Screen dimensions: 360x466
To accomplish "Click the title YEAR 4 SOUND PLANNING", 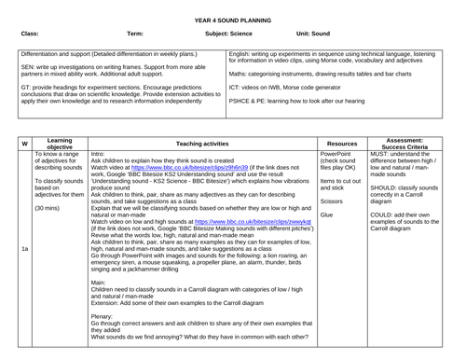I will pyautogui.click(x=232, y=18).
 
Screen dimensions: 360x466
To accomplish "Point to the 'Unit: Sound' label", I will pyautogui.click(x=315, y=34).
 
